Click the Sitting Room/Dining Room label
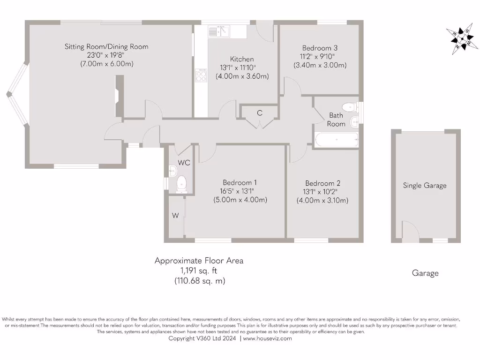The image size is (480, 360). pyautogui.click(x=106, y=46)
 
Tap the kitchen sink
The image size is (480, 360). pyautogui.click(x=218, y=31)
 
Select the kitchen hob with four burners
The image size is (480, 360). pyautogui.click(x=201, y=75)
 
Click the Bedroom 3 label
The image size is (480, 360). pyautogui.click(x=320, y=48)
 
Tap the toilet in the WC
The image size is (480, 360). pyautogui.click(x=181, y=184)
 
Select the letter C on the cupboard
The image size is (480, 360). pyautogui.click(x=259, y=113)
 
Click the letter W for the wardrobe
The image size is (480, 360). pyautogui.click(x=175, y=216)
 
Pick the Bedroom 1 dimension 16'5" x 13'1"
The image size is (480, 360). pyautogui.click(x=240, y=191)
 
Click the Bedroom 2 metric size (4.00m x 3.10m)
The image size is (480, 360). pyautogui.click(x=322, y=200)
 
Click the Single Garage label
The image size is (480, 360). pyautogui.click(x=425, y=186)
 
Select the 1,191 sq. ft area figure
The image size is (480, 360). pyautogui.click(x=199, y=270)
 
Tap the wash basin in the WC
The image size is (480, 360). pyautogui.click(x=172, y=170)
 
